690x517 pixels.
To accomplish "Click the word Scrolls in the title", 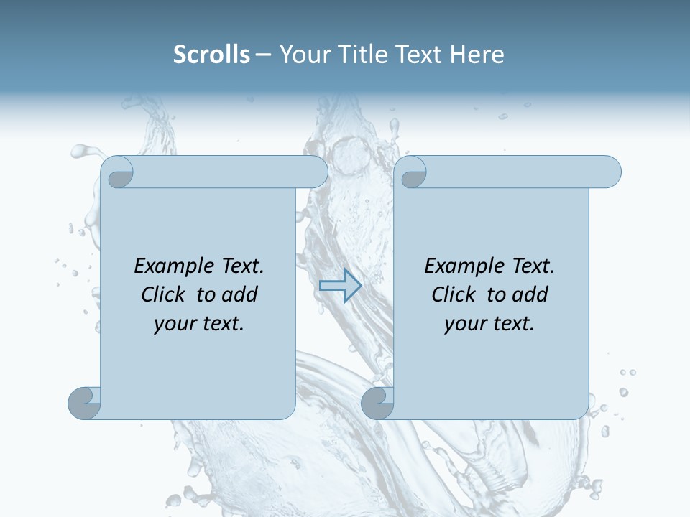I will (211, 54).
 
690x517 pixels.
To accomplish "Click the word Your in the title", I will (303, 54).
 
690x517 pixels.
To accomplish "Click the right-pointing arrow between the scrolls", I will (340, 285).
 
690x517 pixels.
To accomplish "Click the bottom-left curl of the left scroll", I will (84, 403).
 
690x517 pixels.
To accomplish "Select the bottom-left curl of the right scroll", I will (377, 403).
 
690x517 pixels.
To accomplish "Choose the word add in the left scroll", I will (239, 294).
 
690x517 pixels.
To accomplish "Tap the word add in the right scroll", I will (530, 294).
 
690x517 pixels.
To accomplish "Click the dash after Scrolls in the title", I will (264, 55).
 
